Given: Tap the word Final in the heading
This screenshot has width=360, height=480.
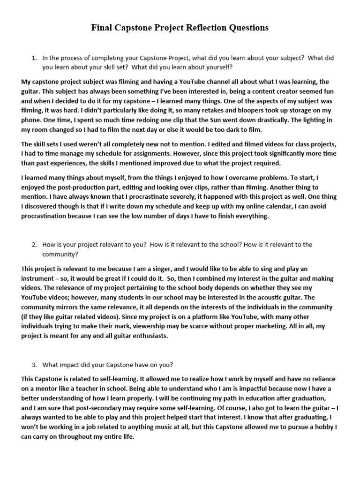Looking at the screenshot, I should pos(102,28).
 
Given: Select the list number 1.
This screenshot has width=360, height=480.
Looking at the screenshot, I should pos(34,58).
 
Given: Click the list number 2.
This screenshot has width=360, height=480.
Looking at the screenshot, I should pos(34,245).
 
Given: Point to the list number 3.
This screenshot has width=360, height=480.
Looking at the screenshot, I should pos(34,365).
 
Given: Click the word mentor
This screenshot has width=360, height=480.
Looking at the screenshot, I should pos(42,388).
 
